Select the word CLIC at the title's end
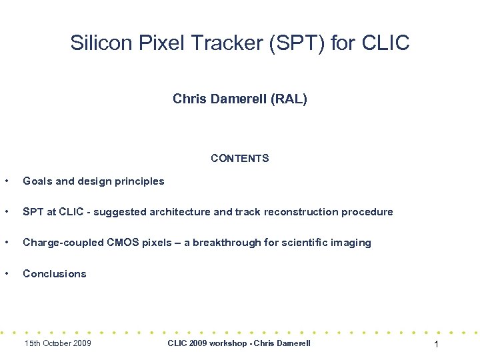pyautogui.click(x=386, y=43)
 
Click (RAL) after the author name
pyautogui.click(x=290, y=99)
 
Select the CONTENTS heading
pyautogui.click(x=239, y=159)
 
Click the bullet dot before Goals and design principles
pyautogui.click(x=6, y=181)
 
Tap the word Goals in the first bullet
pyautogui.click(x=37, y=181)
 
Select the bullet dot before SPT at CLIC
pyautogui.click(x=6, y=212)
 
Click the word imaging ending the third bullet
pyautogui.click(x=351, y=243)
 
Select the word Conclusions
pyautogui.click(x=55, y=273)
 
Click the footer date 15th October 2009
pyautogui.click(x=57, y=343)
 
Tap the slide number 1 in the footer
pyautogui.click(x=435, y=344)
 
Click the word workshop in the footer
pyautogui.click(x=229, y=343)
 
